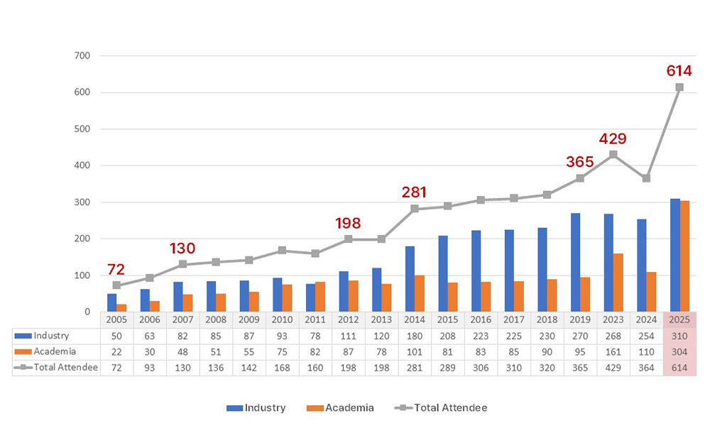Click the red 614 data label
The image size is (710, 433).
(679, 70)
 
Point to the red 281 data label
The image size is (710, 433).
(415, 191)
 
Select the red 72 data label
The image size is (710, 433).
(116, 269)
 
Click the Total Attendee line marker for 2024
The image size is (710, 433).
(646, 178)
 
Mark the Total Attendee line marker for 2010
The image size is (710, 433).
(282, 251)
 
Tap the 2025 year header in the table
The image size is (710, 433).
(679, 319)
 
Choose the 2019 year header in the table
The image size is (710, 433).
(580, 319)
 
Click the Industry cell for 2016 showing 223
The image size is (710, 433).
(481, 335)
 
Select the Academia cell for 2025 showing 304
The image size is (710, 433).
(679, 351)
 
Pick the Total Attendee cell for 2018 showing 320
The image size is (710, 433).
(547, 368)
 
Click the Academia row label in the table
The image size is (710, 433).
(55, 351)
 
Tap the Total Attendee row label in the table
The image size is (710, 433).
(63, 368)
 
